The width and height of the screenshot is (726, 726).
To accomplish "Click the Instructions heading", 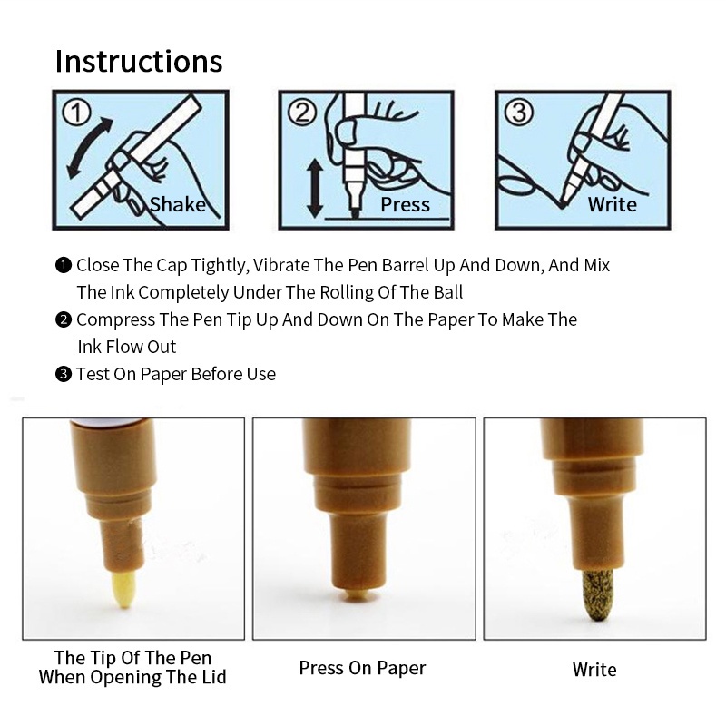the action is click(139, 61).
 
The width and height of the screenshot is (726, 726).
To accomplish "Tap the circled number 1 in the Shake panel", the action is click(77, 113).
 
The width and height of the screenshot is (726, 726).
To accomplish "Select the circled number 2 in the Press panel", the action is click(302, 112).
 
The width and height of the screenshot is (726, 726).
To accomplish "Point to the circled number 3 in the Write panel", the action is click(518, 112).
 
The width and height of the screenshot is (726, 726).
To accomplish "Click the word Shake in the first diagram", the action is click(178, 204).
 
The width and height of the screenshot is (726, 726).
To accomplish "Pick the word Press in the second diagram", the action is click(405, 204).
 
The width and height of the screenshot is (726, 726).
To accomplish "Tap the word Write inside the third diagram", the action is click(612, 204).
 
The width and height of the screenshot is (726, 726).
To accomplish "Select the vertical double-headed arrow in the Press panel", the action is click(315, 188).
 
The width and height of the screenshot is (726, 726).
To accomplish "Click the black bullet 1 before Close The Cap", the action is click(64, 265).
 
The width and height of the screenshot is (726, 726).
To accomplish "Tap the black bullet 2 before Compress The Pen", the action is click(64, 320).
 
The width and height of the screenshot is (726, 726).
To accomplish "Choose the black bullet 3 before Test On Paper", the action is click(64, 374).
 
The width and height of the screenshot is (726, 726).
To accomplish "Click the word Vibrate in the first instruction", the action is click(281, 265).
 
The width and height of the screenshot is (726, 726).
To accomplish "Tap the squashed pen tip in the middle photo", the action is click(356, 595).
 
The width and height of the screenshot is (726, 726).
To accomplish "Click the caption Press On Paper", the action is click(362, 668).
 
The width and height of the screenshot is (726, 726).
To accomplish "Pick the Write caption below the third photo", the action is click(594, 670).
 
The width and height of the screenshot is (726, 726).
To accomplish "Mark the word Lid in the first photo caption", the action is click(214, 677).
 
